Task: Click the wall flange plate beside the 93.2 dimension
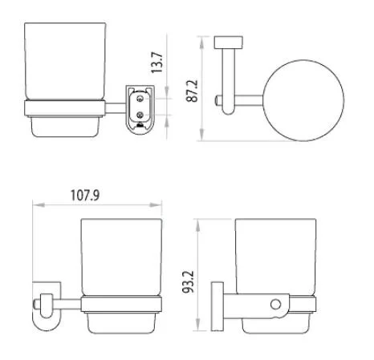216,305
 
